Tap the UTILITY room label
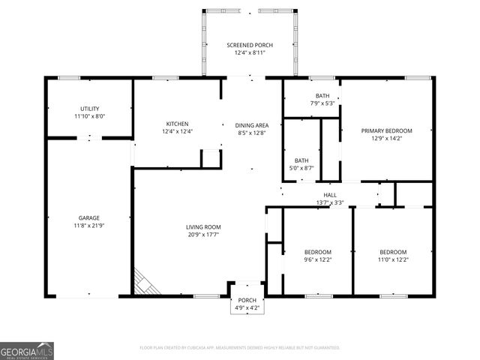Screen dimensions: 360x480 [x=89, y=109]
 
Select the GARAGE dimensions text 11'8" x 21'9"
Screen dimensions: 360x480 [x=89, y=225]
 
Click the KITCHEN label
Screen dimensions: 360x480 [x=177, y=124]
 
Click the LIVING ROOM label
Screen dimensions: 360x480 [x=203, y=226]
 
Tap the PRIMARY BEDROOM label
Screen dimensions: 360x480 [x=386, y=130]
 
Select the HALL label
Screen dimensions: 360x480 [x=330, y=195]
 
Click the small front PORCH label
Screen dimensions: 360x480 [x=247, y=300]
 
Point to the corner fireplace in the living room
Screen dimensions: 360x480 [x=145, y=283]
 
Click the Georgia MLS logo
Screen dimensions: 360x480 [x=27, y=351]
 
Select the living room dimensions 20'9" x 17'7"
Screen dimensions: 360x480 [x=203, y=234]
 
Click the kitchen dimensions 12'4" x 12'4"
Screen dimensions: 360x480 [x=177, y=131]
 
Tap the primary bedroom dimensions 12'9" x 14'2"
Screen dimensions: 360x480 [x=386, y=138]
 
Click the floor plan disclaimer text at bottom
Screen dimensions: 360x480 [x=240, y=348]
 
